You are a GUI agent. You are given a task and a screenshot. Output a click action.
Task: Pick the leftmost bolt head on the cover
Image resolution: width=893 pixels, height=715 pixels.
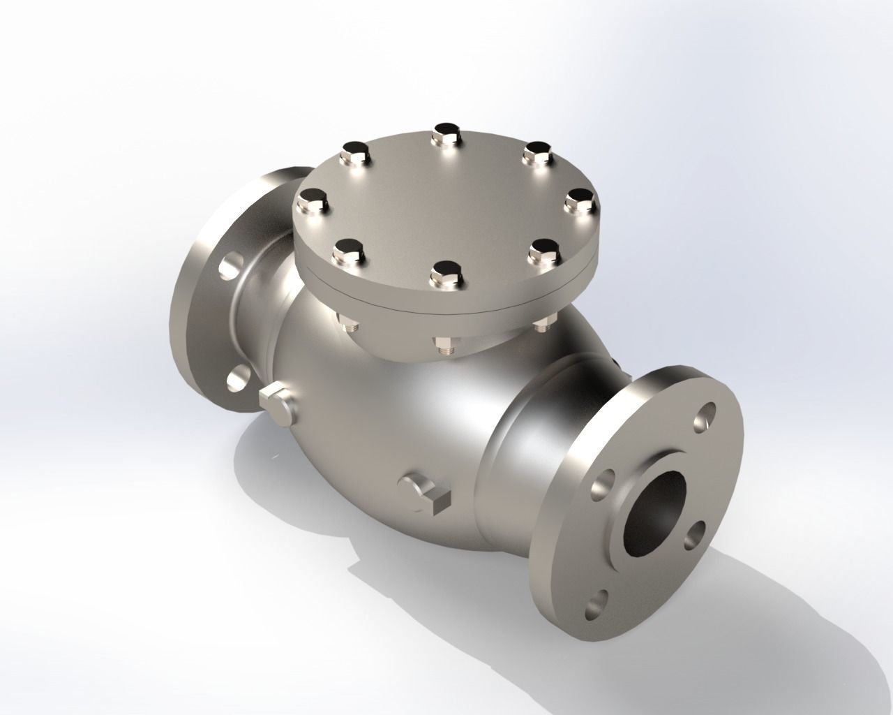[313, 201]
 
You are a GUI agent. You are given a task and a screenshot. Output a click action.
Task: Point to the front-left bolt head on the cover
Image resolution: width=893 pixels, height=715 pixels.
[349, 252]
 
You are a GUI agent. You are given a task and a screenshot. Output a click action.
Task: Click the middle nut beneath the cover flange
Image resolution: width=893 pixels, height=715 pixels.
[445, 346]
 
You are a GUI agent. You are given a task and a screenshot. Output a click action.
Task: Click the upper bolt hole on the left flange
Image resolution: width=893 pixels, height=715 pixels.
[228, 267]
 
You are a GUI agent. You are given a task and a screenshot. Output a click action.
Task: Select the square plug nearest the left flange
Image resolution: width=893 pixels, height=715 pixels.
[276, 403]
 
